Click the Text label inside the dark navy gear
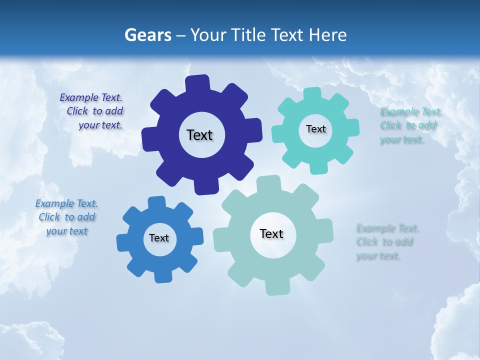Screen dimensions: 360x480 (199, 135)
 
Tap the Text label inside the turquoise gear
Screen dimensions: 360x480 (315, 129)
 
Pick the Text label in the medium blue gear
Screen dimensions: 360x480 (159, 238)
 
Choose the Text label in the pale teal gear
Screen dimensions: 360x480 (271, 233)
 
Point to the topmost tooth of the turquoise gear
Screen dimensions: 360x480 (312, 94)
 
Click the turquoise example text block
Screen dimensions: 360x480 (408, 125)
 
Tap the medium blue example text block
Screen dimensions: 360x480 (66, 217)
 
